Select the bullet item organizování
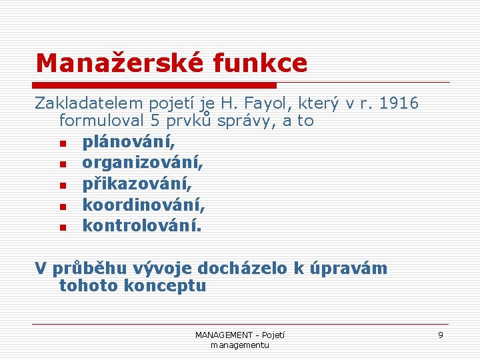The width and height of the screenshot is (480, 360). (x=143, y=163)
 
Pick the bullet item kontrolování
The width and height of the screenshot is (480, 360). (x=141, y=225)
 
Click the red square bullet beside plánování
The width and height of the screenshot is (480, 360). (x=63, y=143)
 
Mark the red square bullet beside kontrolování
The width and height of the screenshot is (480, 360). (x=63, y=227)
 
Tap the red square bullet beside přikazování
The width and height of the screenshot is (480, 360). (x=63, y=185)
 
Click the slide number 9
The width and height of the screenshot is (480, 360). (x=440, y=335)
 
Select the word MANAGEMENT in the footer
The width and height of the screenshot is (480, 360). (x=223, y=335)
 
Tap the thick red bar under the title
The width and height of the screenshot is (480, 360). (x=155, y=85)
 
